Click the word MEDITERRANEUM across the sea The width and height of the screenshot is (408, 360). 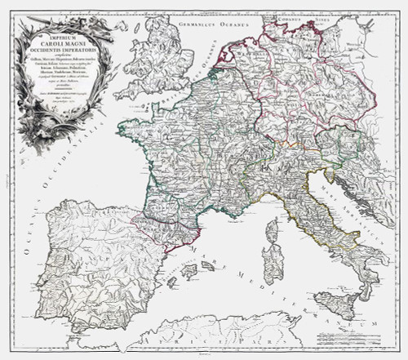click(x=294, y=300)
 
